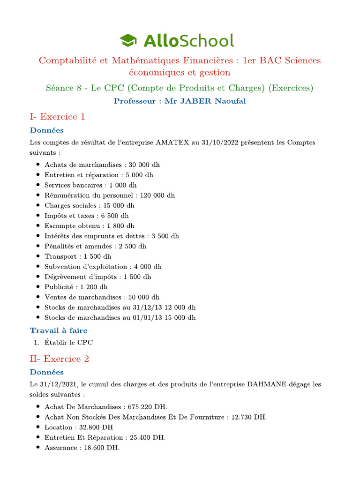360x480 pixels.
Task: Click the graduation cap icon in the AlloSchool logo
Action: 129,40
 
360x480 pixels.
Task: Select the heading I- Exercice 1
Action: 57,117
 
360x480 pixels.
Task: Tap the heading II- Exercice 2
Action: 59,359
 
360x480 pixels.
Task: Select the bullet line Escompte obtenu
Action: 89,226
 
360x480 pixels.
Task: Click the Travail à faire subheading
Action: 59,330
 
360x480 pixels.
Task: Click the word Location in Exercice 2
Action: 58,427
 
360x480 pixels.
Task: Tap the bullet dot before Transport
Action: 37,257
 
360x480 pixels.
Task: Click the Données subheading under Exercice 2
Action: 47,372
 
